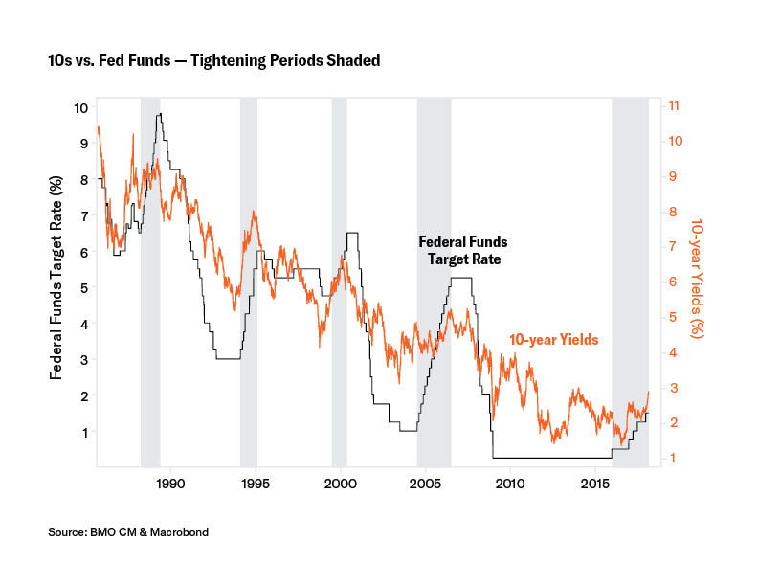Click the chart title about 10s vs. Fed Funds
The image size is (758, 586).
click(x=214, y=61)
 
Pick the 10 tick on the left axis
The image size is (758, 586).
click(x=82, y=107)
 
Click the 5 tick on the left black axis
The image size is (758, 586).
click(x=85, y=287)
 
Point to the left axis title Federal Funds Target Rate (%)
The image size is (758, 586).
click(x=57, y=278)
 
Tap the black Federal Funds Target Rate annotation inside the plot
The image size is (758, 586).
click(x=462, y=250)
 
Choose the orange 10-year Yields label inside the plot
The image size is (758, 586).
click(x=553, y=339)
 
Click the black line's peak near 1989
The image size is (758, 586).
click(x=160, y=114)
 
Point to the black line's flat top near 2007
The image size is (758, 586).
click(x=461, y=278)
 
